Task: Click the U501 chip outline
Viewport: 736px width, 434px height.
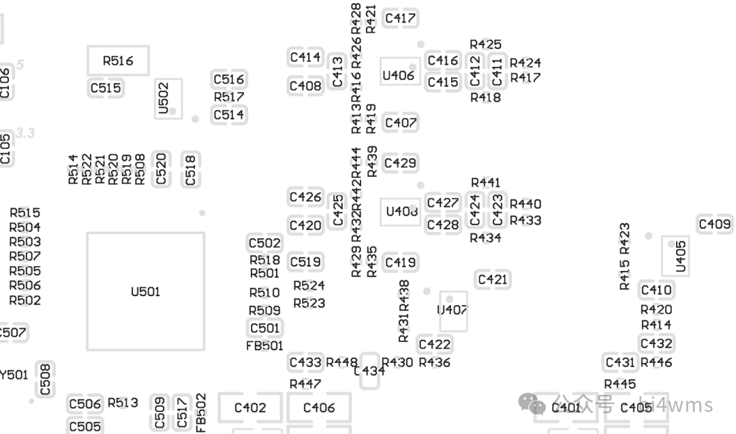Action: click(x=145, y=291)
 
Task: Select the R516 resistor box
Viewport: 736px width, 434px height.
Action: click(x=118, y=61)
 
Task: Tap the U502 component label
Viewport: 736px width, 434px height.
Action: click(x=164, y=98)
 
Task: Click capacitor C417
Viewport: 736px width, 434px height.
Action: click(x=400, y=18)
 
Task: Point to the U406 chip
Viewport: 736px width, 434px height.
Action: click(x=399, y=75)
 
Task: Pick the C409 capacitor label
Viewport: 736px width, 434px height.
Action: click(x=715, y=224)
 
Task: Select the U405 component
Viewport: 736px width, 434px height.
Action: click(x=679, y=255)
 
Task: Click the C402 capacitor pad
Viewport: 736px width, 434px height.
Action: click(x=250, y=408)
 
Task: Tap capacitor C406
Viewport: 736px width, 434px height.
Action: click(x=319, y=408)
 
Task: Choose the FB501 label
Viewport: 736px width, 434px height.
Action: click(x=264, y=346)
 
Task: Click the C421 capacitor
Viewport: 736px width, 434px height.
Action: click(x=492, y=280)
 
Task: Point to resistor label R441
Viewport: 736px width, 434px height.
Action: click(x=486, y=182)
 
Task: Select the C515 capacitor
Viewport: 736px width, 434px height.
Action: click(x=106, y=88)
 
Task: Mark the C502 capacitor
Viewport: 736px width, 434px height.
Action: click(x=264, y=243)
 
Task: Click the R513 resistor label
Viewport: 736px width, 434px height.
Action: click(x=123, y=403)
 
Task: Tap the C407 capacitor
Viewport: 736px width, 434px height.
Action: click(x=400, y=123)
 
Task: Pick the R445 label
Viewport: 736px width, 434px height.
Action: click(x=620, y=385)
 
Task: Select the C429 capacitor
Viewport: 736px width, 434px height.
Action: click(x=400, y=163)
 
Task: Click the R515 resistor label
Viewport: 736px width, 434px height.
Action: click(x=25, y=213)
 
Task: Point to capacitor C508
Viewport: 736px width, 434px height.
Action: click(x=45, y=380)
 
